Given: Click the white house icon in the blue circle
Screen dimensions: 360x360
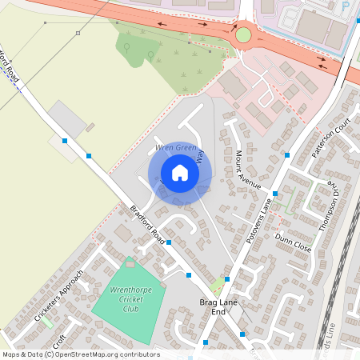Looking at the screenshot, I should point(180,173).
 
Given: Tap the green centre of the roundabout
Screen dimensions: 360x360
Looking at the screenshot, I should point(243,34).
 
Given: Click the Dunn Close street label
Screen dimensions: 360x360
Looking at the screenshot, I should point(293,242).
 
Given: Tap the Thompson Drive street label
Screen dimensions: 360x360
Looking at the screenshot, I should point(328,205).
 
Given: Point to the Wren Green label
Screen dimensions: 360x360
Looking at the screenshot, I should point(175,148).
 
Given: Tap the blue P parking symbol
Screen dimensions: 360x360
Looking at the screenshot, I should point(345,6).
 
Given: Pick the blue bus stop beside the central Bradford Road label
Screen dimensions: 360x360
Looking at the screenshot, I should point(168,242).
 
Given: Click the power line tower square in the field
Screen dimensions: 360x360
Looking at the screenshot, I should point(78,34).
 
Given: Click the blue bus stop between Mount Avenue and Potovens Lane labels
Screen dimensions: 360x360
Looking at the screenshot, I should point(274,194).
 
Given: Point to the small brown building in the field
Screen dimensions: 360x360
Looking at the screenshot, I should point(90,126).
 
